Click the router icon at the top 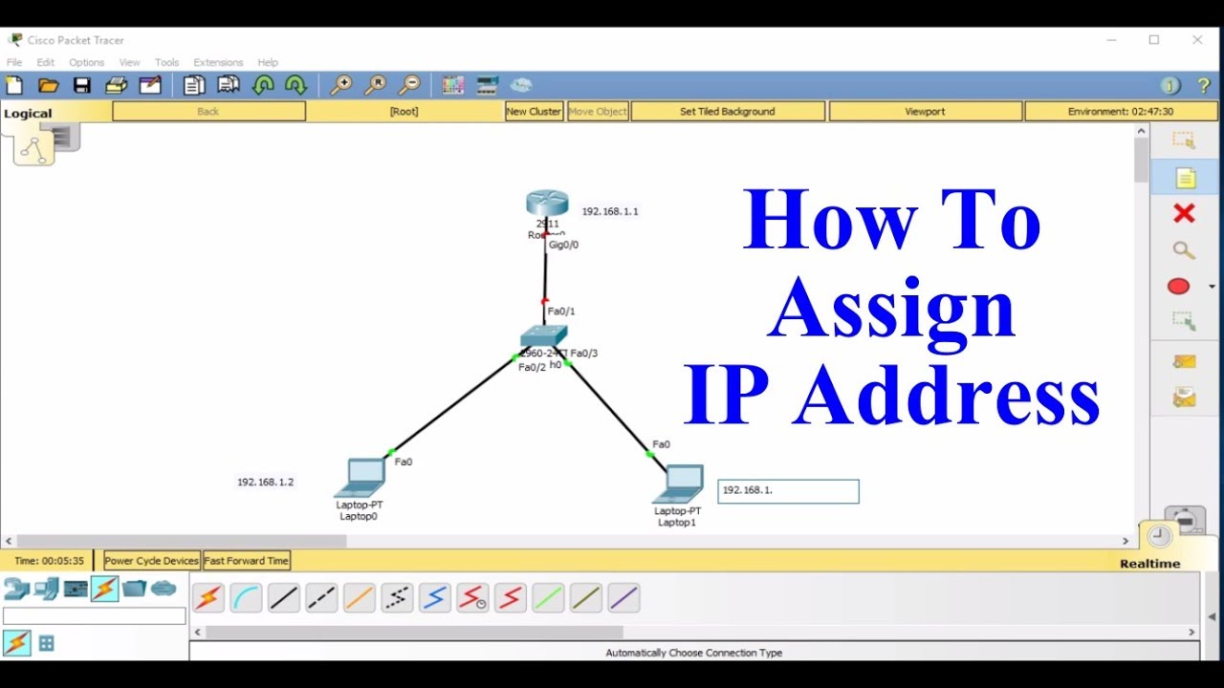pyautogui.click(x=547, y=203)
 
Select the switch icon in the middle pyautogui.click(x=543, y=336)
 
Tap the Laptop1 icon pyautogui.click(x=679, y=483)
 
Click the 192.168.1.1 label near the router pyautogui.click(x=610, y=211)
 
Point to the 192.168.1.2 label pyautogui.click(x=266, y=483)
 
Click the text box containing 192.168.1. pyautogui.click(x=788, y=491)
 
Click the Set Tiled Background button pyautogui.click(x=728, y=112)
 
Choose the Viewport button pyautogui.click(x=925, y=112)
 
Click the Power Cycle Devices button pyautogui.click(x=152, y=561)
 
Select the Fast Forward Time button pyautogui.click(x=246, y=561)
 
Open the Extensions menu pyautogui.click(x=218, y=62)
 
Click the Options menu pyautogui.click(x=86, y=62)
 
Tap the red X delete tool pyautogui.click(x=1184, y=213)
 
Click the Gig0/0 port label pyautogui.click(x=563, y=245)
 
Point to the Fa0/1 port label pyautogui.click(x=561, y=312)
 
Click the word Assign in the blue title pyautogui.click(x=891, y=309)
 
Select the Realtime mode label pyautogui.click(x=1149, y=564)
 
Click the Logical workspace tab pyautogui.click(x=28, y=114)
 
